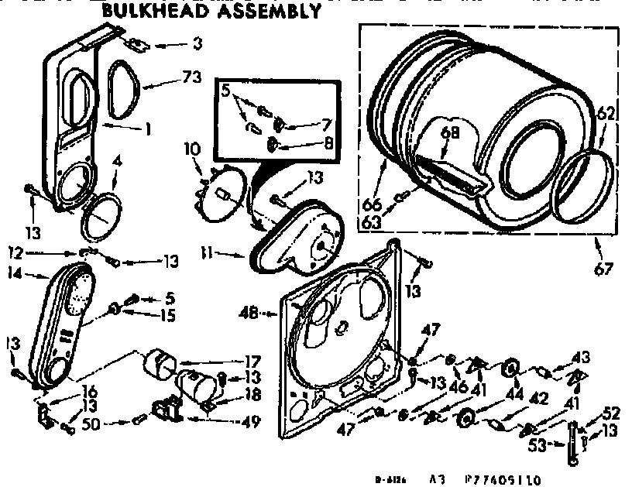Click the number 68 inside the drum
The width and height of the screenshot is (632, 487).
[450, 132]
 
